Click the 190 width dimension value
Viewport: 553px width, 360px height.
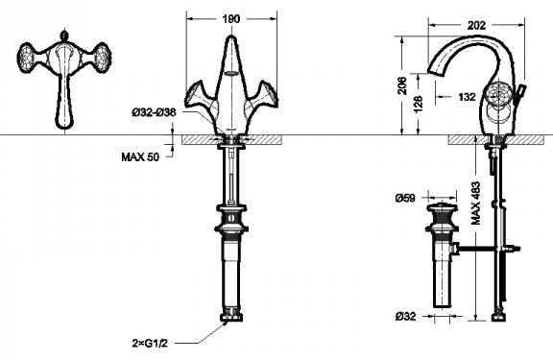(x=231, y=18)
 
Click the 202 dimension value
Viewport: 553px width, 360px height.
(x=476, y=25)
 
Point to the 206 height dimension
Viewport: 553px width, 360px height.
(x=402, y=85)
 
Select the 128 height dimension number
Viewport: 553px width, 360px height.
(x=418, y=104)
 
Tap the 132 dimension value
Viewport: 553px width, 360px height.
(x=467, y=97)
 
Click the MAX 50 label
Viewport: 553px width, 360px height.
(x=140, y=156)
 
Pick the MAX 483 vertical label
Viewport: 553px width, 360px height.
(x=476, y=204)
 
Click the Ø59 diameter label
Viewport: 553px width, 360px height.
(x=405, y=198)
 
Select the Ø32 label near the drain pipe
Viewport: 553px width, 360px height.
(x=405, y=316)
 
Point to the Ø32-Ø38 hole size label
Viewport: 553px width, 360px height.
(x=154, y=112)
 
